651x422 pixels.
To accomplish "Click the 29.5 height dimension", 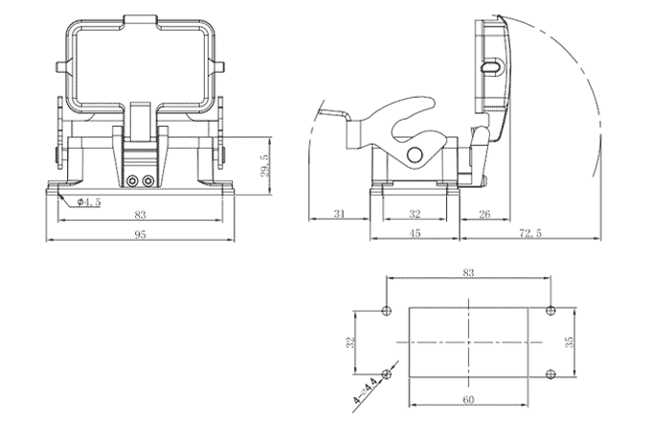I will (x=265, y=164).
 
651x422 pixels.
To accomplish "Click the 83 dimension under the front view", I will (x=140, y=215).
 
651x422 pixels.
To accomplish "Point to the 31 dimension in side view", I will (x=340, y=214).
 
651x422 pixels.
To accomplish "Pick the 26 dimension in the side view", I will (x=484, y=214).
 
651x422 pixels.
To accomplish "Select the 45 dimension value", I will (x=415, y=233).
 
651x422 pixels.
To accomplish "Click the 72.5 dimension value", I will (x=528, y=233).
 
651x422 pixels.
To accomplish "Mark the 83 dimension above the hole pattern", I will (x=468, y=274).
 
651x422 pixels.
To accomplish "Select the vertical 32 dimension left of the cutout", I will (x=351, y=341).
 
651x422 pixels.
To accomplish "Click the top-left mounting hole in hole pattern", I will (x=386, y=310).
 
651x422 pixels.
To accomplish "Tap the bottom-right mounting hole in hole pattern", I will (x=550, y=373).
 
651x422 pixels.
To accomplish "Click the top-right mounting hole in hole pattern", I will (x=550, y=310).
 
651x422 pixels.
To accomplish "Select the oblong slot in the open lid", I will (x=491, y=68).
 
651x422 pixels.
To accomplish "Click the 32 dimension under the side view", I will (x=415, y=214).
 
